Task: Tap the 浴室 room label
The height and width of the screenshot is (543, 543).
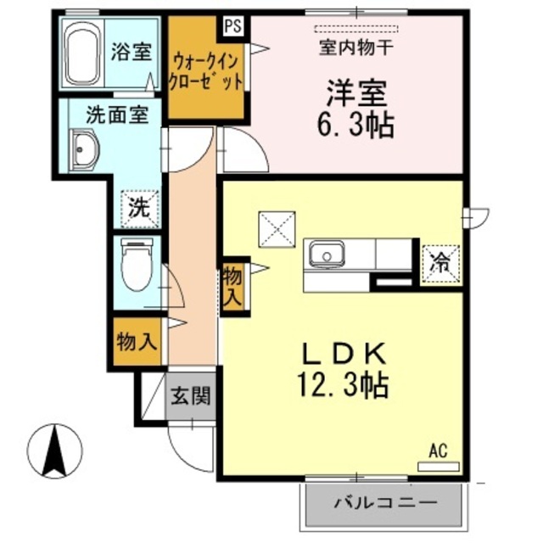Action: tap(131, 50)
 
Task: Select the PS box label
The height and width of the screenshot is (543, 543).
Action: tap(232, 25)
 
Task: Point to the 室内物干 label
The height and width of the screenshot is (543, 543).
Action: tap(355, 48)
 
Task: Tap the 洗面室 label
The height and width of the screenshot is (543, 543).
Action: tap(118, 115)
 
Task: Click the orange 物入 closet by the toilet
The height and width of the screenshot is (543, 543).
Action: tap(135, 343)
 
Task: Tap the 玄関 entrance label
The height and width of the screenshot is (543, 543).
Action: tap(190, 396)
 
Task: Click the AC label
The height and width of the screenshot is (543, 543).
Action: tap(438, 450)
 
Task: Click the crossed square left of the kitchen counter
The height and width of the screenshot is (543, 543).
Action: tap(275, 227)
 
